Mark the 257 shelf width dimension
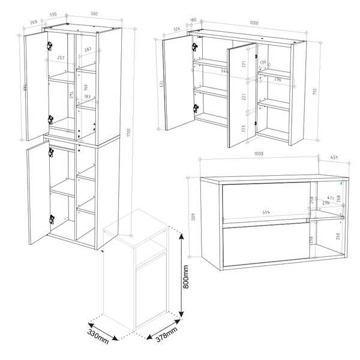61,59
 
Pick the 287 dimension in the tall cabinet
88,49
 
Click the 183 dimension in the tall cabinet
88,97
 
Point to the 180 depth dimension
193,20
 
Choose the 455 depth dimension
334,159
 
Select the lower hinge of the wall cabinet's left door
195,109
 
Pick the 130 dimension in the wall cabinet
262,62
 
